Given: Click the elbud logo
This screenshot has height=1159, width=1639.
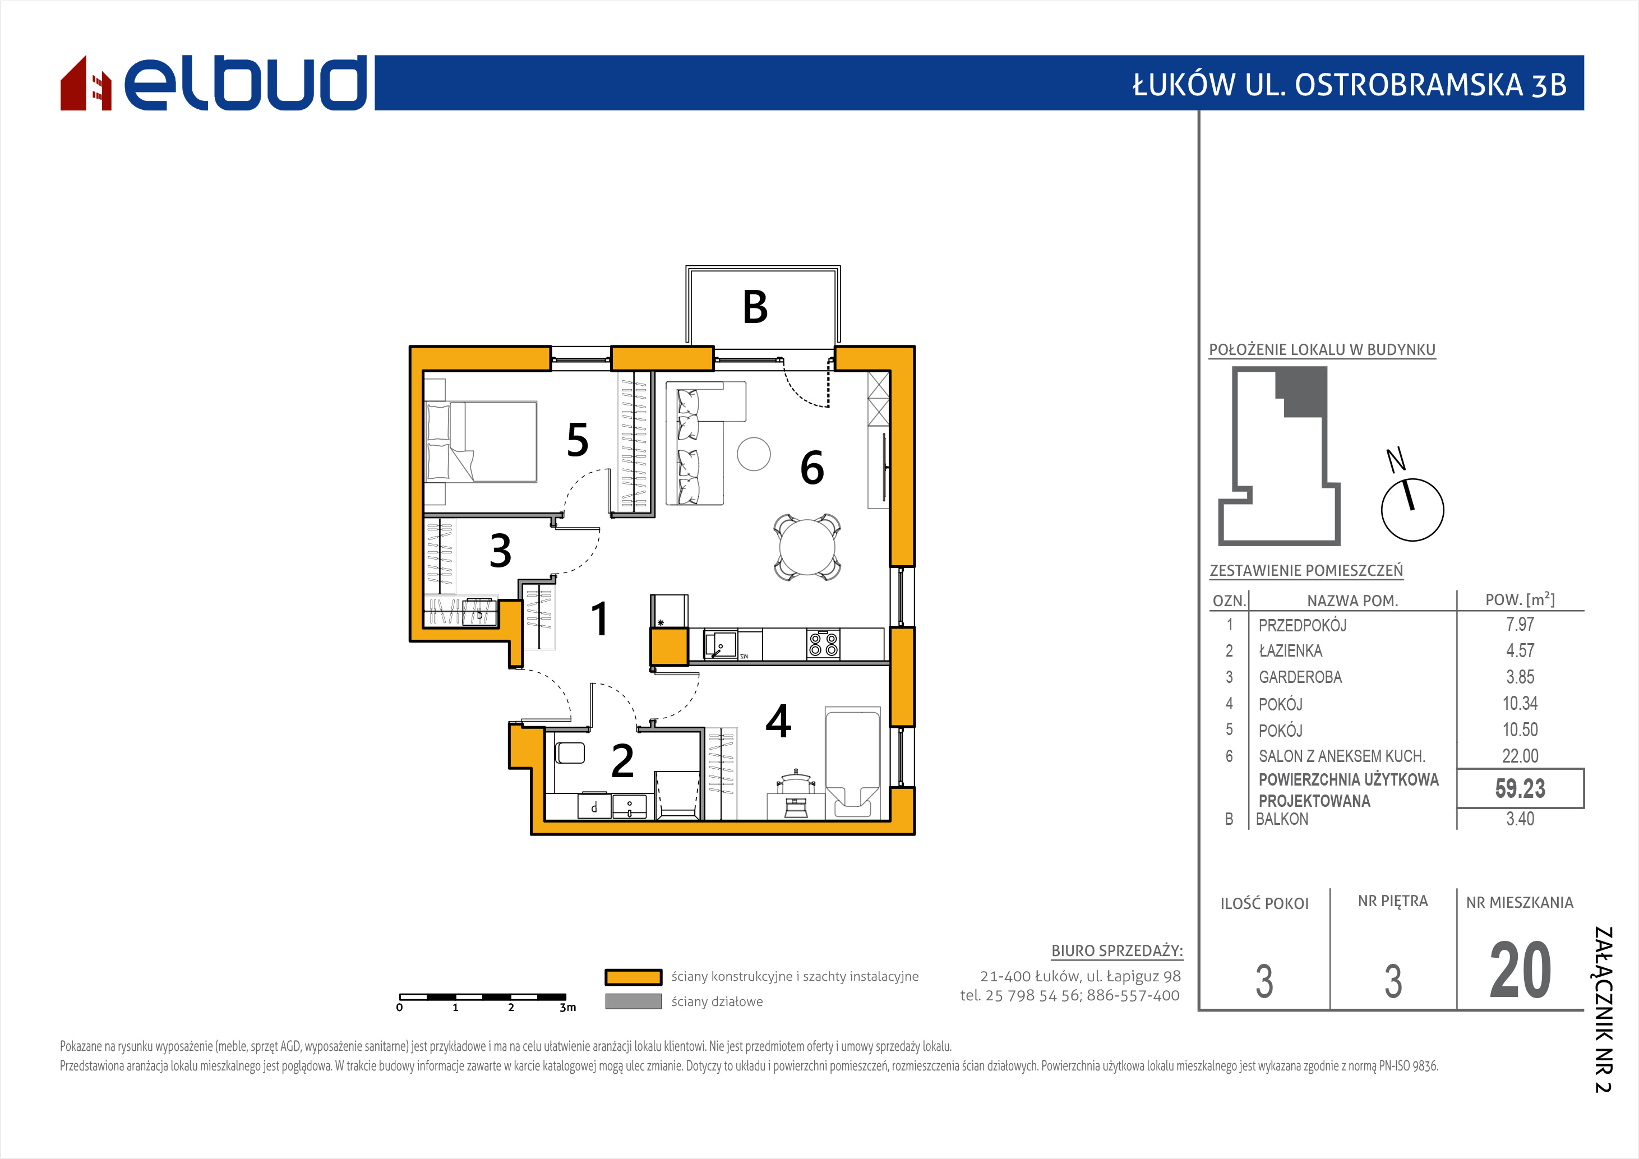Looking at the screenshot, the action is coord(214,83).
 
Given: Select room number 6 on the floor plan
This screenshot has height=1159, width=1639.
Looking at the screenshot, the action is coord(811,468).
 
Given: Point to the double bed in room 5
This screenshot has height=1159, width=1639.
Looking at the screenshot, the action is coord(481,441).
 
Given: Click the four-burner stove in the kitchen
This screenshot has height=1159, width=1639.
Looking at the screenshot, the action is coord(823,644).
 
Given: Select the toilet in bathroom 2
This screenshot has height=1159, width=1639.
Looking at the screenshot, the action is coord(570,753).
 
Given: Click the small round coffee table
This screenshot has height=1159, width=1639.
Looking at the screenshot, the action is coord(754,454).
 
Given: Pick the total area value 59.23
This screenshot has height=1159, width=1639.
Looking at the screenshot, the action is coord(1520,788).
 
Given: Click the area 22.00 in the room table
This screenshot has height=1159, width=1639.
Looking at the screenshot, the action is coord(1520,756).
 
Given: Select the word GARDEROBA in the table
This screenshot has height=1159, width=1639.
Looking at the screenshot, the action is coord(1300,677).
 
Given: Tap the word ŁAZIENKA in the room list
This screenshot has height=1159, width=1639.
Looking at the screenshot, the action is coord(1290,651).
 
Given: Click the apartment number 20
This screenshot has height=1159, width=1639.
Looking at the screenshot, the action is coord(1520,971).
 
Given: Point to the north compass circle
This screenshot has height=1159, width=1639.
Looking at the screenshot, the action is coord(1412,510).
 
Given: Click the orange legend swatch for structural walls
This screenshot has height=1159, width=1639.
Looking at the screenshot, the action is coord(633,977).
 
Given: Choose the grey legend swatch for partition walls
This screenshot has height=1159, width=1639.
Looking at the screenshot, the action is coord(633,1001).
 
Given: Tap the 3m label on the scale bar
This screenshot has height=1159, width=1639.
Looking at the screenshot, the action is coord(567,1008).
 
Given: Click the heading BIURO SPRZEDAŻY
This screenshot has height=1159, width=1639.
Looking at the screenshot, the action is coord(1116,950).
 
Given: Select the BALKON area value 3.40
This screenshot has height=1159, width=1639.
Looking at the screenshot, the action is coord(1520,819).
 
